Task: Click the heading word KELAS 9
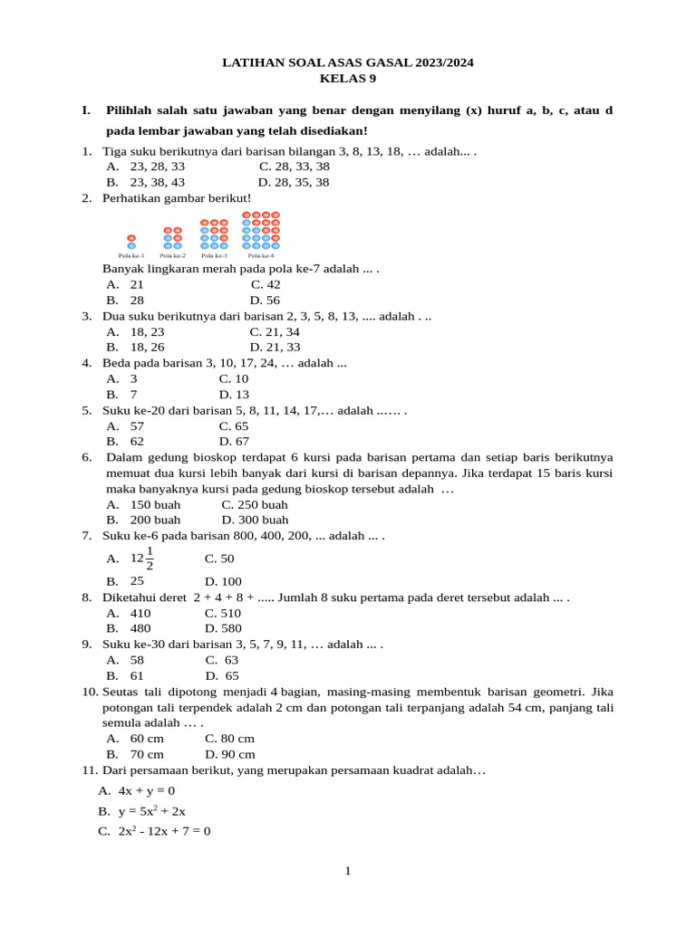(x=348, y=79)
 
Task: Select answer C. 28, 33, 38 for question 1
(x=295, y=167)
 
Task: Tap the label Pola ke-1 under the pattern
(x=131, y=256)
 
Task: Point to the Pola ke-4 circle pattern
(x=261, y=230)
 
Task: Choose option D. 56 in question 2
(x=265, y=300)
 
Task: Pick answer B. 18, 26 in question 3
(x=135, y=347)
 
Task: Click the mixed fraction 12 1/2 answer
(x=142, y=559)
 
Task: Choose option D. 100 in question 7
(x=223, y=581)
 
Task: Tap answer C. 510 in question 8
(x=223, y=613)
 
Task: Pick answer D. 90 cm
(x=230, y=754)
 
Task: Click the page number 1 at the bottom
(x=347, y=871)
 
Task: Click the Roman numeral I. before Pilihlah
(x=86, y=110)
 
